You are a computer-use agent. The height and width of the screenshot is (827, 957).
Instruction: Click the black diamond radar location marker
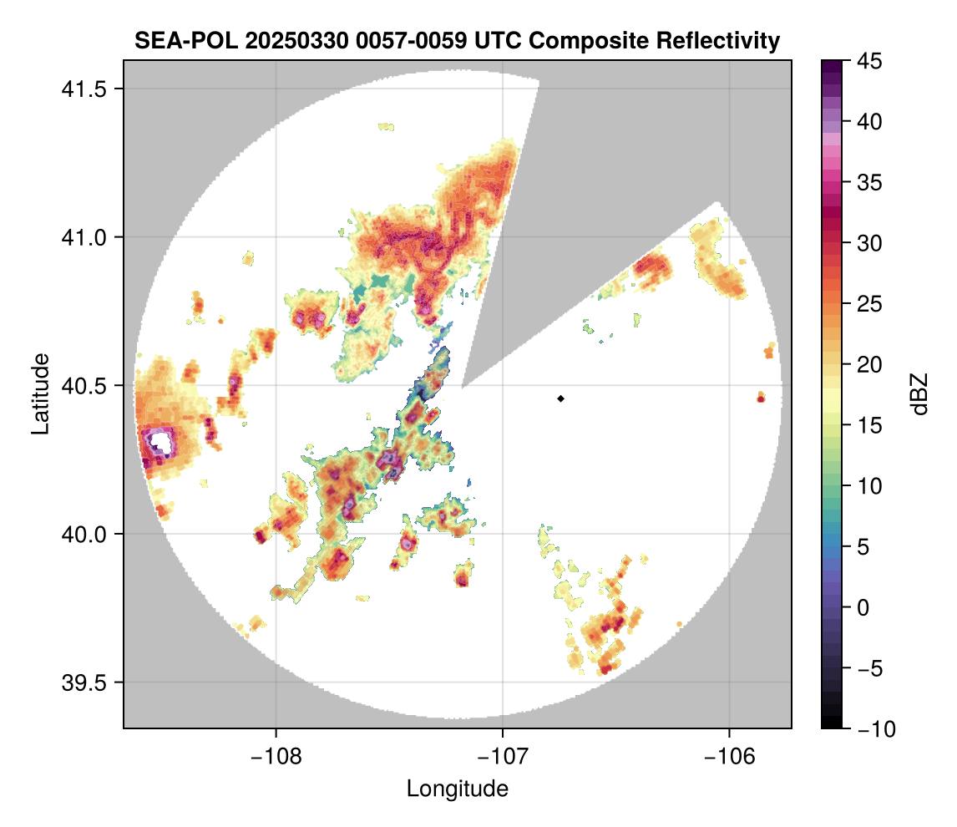561,398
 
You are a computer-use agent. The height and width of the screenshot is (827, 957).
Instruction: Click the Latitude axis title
39,393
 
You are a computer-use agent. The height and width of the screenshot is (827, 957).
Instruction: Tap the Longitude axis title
458,788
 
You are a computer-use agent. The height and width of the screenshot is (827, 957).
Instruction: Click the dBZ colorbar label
919,393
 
